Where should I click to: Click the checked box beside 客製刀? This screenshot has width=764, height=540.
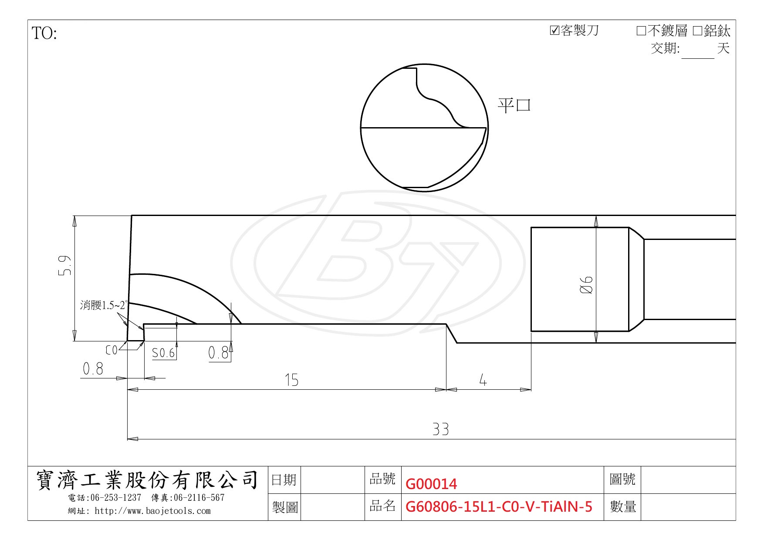click(x=554, y=30)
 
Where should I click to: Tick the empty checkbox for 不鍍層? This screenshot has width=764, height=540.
click(x=641, y=31)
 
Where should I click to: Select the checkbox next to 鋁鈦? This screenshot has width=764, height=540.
click(x=697, y=31)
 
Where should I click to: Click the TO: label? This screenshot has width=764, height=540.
click(x=44, y=34)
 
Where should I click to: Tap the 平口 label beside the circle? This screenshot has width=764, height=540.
click(x=514, y=105)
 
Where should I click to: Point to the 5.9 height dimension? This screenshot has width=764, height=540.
click(x=64, y=265)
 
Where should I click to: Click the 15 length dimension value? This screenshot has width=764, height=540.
click(x=291, y=380)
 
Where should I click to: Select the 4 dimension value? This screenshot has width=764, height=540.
click(x=483, y=380)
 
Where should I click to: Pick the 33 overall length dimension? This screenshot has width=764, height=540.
click(x=440, y=429)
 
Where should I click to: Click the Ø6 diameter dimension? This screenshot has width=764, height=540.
click(x=587, y=285)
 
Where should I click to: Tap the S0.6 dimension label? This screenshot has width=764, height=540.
click(x=163, y=353)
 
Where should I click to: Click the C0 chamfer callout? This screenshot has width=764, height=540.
click(x=112, y=350)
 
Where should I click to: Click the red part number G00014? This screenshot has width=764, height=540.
click(x=431, y=484)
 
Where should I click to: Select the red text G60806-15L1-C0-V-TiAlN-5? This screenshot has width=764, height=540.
click(x=499, y=506)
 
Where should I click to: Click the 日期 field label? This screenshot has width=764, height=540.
click(x=284, y=480)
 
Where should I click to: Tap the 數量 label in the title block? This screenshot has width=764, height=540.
click(x=623, y=506)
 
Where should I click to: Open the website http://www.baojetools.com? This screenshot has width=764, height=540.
click(x=152, y=511)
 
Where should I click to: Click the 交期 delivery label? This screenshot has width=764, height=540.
click(x=665, y=48)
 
